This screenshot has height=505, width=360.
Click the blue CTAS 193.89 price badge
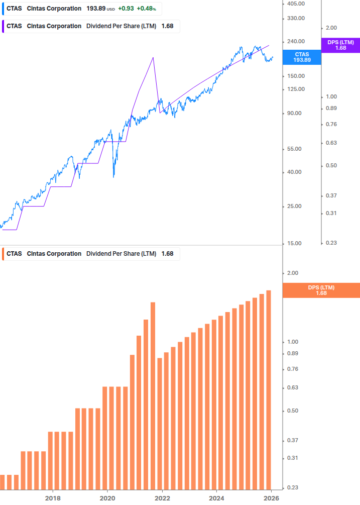click(x=302, y=57)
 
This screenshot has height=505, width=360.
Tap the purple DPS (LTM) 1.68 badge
click(x=340, y=45)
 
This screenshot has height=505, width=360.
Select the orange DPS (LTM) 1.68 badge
click(x=321, y=290)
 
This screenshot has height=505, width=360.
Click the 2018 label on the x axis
click(x=53, y=498)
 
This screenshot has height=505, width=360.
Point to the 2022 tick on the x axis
click(x=162, y=498)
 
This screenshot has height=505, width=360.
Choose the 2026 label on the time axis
click(x=271, y=498)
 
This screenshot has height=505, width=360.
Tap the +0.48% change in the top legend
click(x=146, y=9)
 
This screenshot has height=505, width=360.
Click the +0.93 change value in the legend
click(x=126, y=9)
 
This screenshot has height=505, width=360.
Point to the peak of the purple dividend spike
click(x=153, y=58)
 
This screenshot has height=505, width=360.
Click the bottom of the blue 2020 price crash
click(x=114, y=176)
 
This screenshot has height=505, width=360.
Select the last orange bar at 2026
click(x=269, y=389)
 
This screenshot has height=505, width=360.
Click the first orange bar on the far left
click(x=3, y=481)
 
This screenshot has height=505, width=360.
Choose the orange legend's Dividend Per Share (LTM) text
click(x=121, y=254)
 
